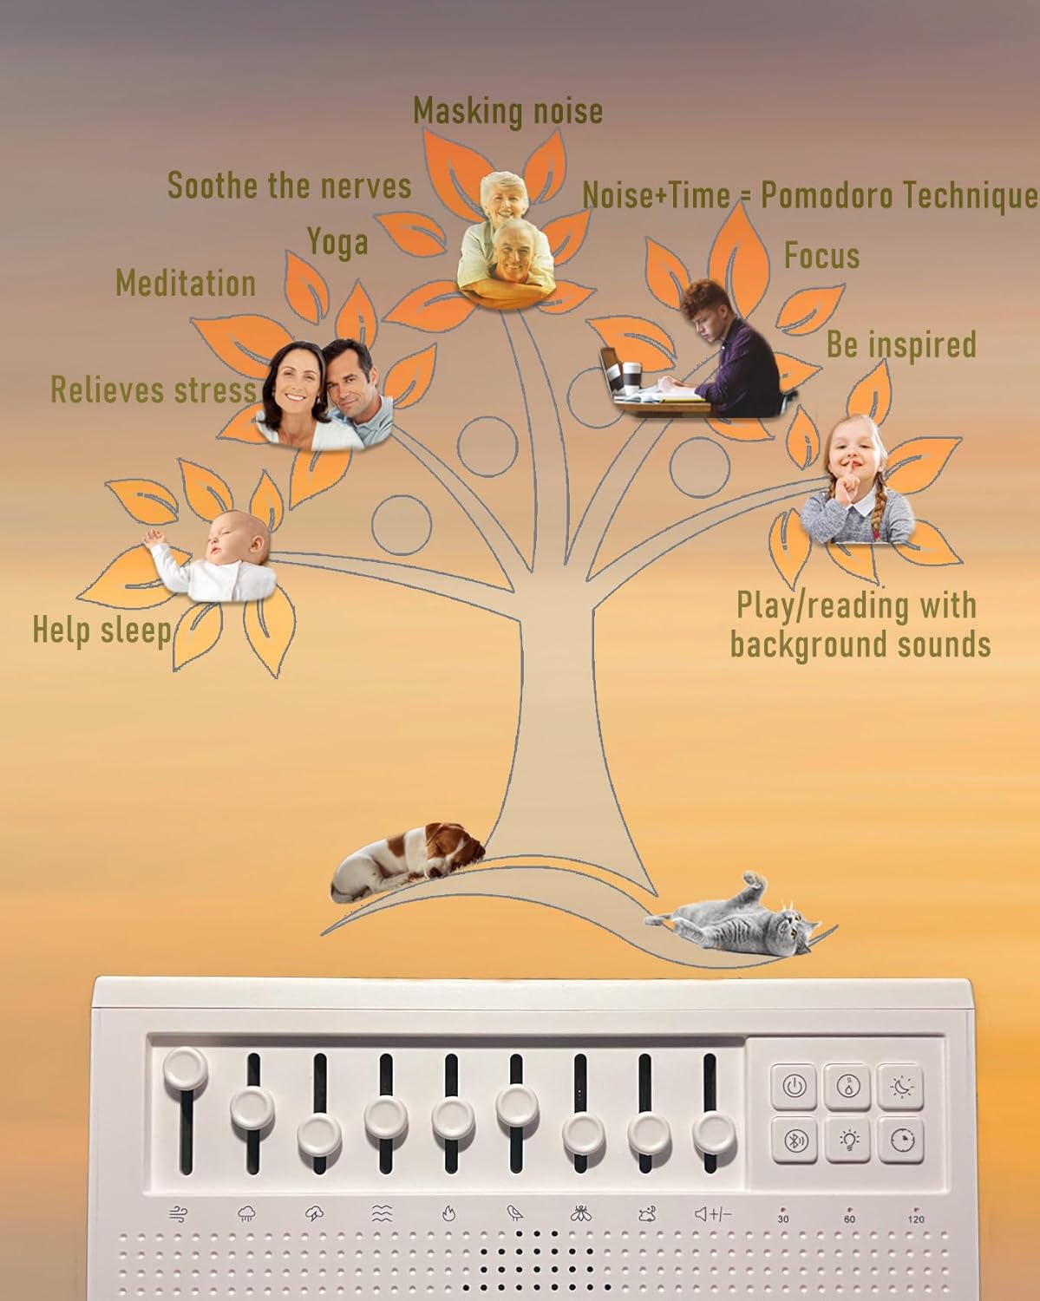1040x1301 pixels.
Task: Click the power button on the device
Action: pos(794,1087)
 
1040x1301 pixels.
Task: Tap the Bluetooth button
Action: pos(794,1141)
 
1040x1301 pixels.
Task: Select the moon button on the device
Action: pos(900,1087)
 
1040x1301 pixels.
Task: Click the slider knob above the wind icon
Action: pos(185,1069)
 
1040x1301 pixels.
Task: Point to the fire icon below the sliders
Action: pos(448,1213)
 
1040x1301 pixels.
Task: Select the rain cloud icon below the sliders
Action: pos(246,1213)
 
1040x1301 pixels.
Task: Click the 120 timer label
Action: pos(915,1219)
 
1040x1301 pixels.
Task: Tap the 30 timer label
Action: pos(783,1219)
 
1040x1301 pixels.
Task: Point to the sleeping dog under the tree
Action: pos(408,861)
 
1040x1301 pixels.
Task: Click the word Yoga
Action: pos(337,243)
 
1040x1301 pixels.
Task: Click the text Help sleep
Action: pos(102,631)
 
